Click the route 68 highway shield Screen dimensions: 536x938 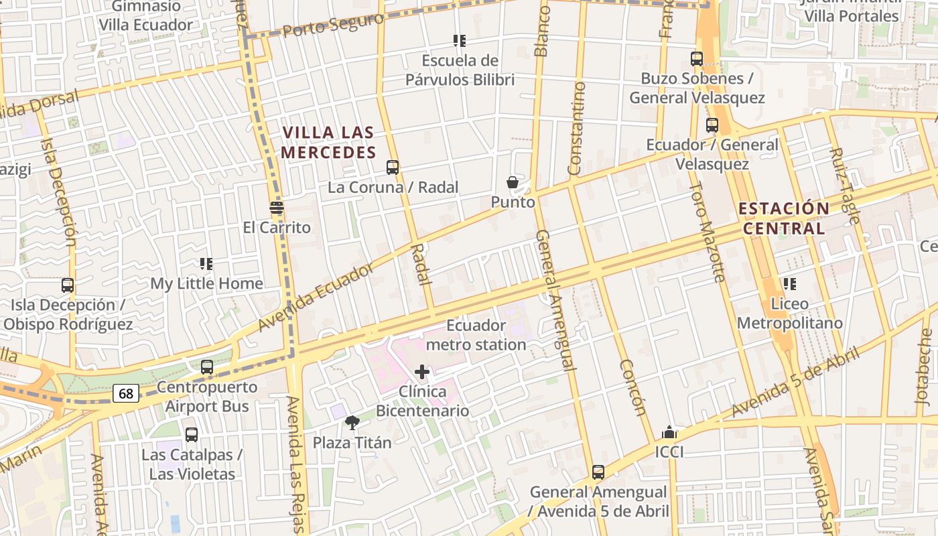coord(126,394)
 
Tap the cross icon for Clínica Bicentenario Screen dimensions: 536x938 coord(422,372)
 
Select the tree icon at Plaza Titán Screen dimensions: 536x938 coord(352,422)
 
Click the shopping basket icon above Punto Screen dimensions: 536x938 coord(513,182)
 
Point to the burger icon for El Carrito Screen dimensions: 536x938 coord(277,207)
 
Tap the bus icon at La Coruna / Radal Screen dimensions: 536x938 coord(393,167)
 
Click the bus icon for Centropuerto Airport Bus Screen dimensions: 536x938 coord(207,367)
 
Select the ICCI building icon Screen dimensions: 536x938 coord(669,432)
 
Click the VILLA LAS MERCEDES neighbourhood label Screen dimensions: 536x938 coord(328,143)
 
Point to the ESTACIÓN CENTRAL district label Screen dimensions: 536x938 coord(784,218)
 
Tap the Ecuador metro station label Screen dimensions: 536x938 coord(476,335)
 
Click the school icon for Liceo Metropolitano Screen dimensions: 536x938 coord(789,284)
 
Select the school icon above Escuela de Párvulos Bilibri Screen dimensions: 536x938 coord(459,41)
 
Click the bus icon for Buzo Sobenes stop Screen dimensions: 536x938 coord(697,59)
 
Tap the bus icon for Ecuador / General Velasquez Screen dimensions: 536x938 coord(712,125)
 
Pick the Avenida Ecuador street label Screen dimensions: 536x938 coord(316,296)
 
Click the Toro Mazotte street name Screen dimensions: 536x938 coord(708,231)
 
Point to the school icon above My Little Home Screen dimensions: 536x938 coord(206,264)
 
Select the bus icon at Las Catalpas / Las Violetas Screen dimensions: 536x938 coord(192,435)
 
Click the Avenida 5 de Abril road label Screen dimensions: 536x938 coord(795,383)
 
